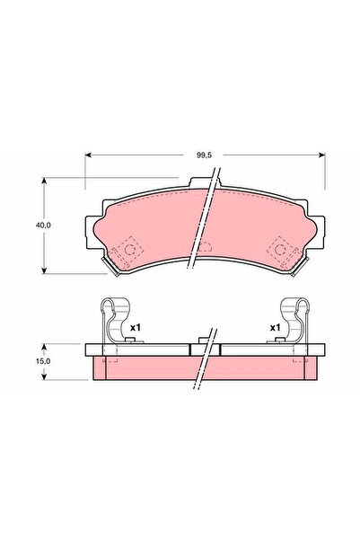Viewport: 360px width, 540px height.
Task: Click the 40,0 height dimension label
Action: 29,226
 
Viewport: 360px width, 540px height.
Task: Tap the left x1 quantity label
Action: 136,328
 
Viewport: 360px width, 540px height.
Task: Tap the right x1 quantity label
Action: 276,328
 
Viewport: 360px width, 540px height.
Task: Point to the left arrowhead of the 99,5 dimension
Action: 89,155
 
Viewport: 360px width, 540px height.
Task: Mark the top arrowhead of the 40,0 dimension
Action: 46,181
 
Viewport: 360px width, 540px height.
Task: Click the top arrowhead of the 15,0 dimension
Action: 46,345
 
